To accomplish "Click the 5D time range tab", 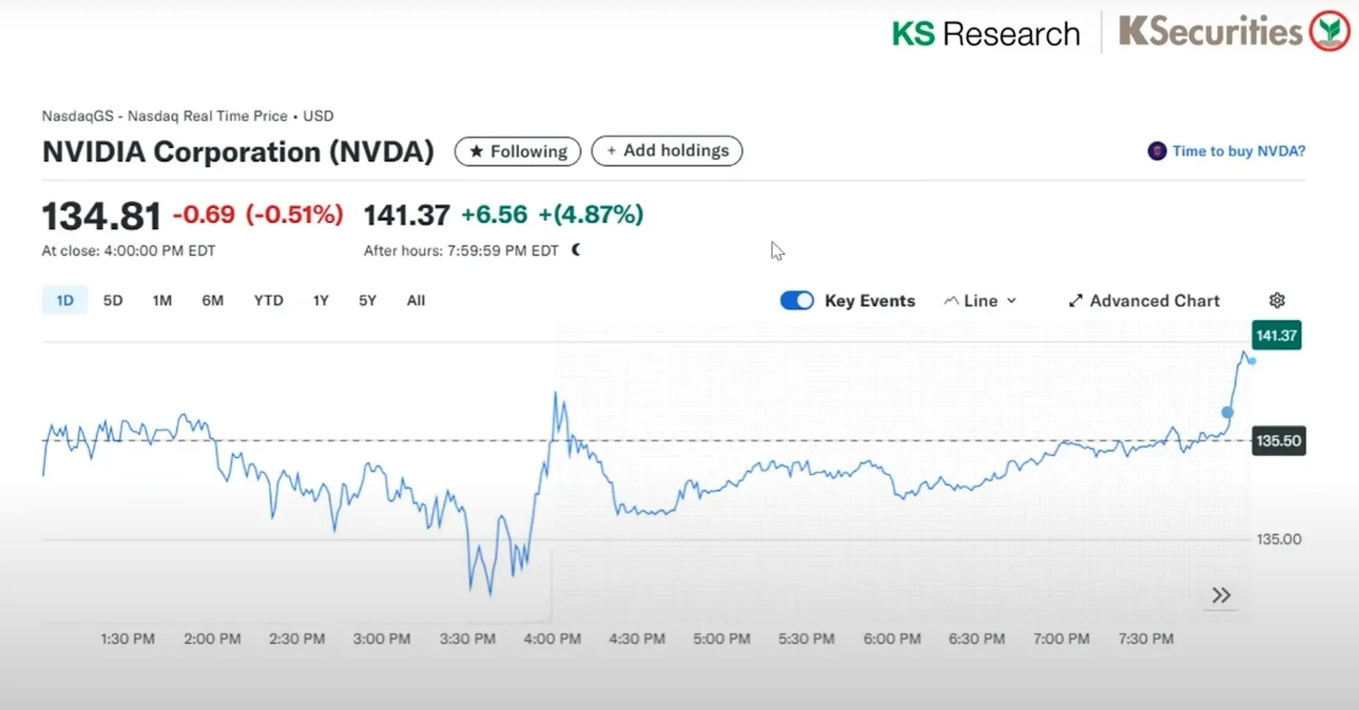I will [x=113, y=300].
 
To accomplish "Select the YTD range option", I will [x=268, y=300].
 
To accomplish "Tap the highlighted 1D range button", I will [x=65, y=300].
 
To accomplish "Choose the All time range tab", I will [x=416, y=300].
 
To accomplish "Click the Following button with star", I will [x=517, y=151].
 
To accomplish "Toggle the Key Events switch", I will [x=797, y=301].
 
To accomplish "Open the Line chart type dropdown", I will [x=981, y=301].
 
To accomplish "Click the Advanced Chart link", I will [x=1144, y=301].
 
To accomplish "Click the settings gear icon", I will [x=1277, y=300].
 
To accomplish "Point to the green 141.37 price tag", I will [x=1276, y=336].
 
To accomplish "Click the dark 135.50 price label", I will [x=1279, y=441].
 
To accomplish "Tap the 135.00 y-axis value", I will [x=1279, y=539].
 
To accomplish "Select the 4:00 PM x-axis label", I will [x=552, y=639].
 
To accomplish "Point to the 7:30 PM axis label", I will [x=1146, y=639].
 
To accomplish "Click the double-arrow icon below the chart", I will [x=1221, y=595].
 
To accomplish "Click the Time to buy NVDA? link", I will [x=1238, y=151].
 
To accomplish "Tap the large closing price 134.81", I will [x=102, y=216].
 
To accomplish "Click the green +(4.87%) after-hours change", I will [x=590, y=215].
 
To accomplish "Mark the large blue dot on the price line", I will [x=1227, y=412].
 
